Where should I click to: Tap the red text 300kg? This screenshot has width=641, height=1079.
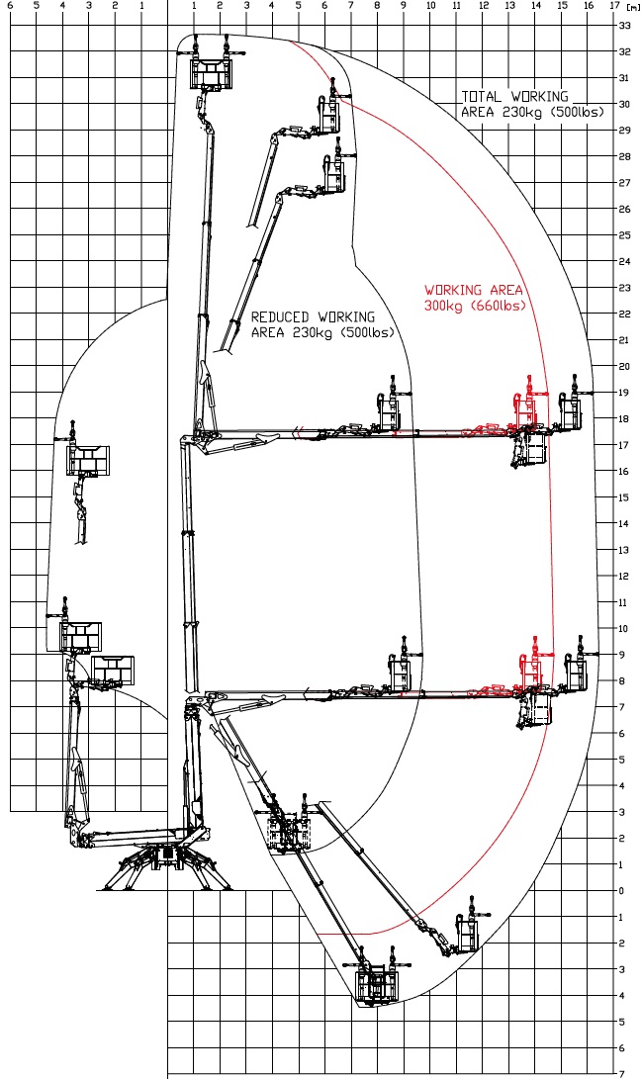443,306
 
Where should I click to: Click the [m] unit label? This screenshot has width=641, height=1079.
633,6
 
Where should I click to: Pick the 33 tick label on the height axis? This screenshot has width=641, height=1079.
624,26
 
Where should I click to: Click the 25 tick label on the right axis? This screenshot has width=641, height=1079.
624,235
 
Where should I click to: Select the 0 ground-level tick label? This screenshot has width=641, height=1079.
622,891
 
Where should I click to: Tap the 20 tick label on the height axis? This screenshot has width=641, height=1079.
624,367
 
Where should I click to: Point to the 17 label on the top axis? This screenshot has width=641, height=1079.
615,6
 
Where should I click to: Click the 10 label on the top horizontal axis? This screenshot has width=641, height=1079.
431,6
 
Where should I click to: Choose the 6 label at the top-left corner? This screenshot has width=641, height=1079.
10,6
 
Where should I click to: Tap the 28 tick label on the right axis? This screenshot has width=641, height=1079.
624,157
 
